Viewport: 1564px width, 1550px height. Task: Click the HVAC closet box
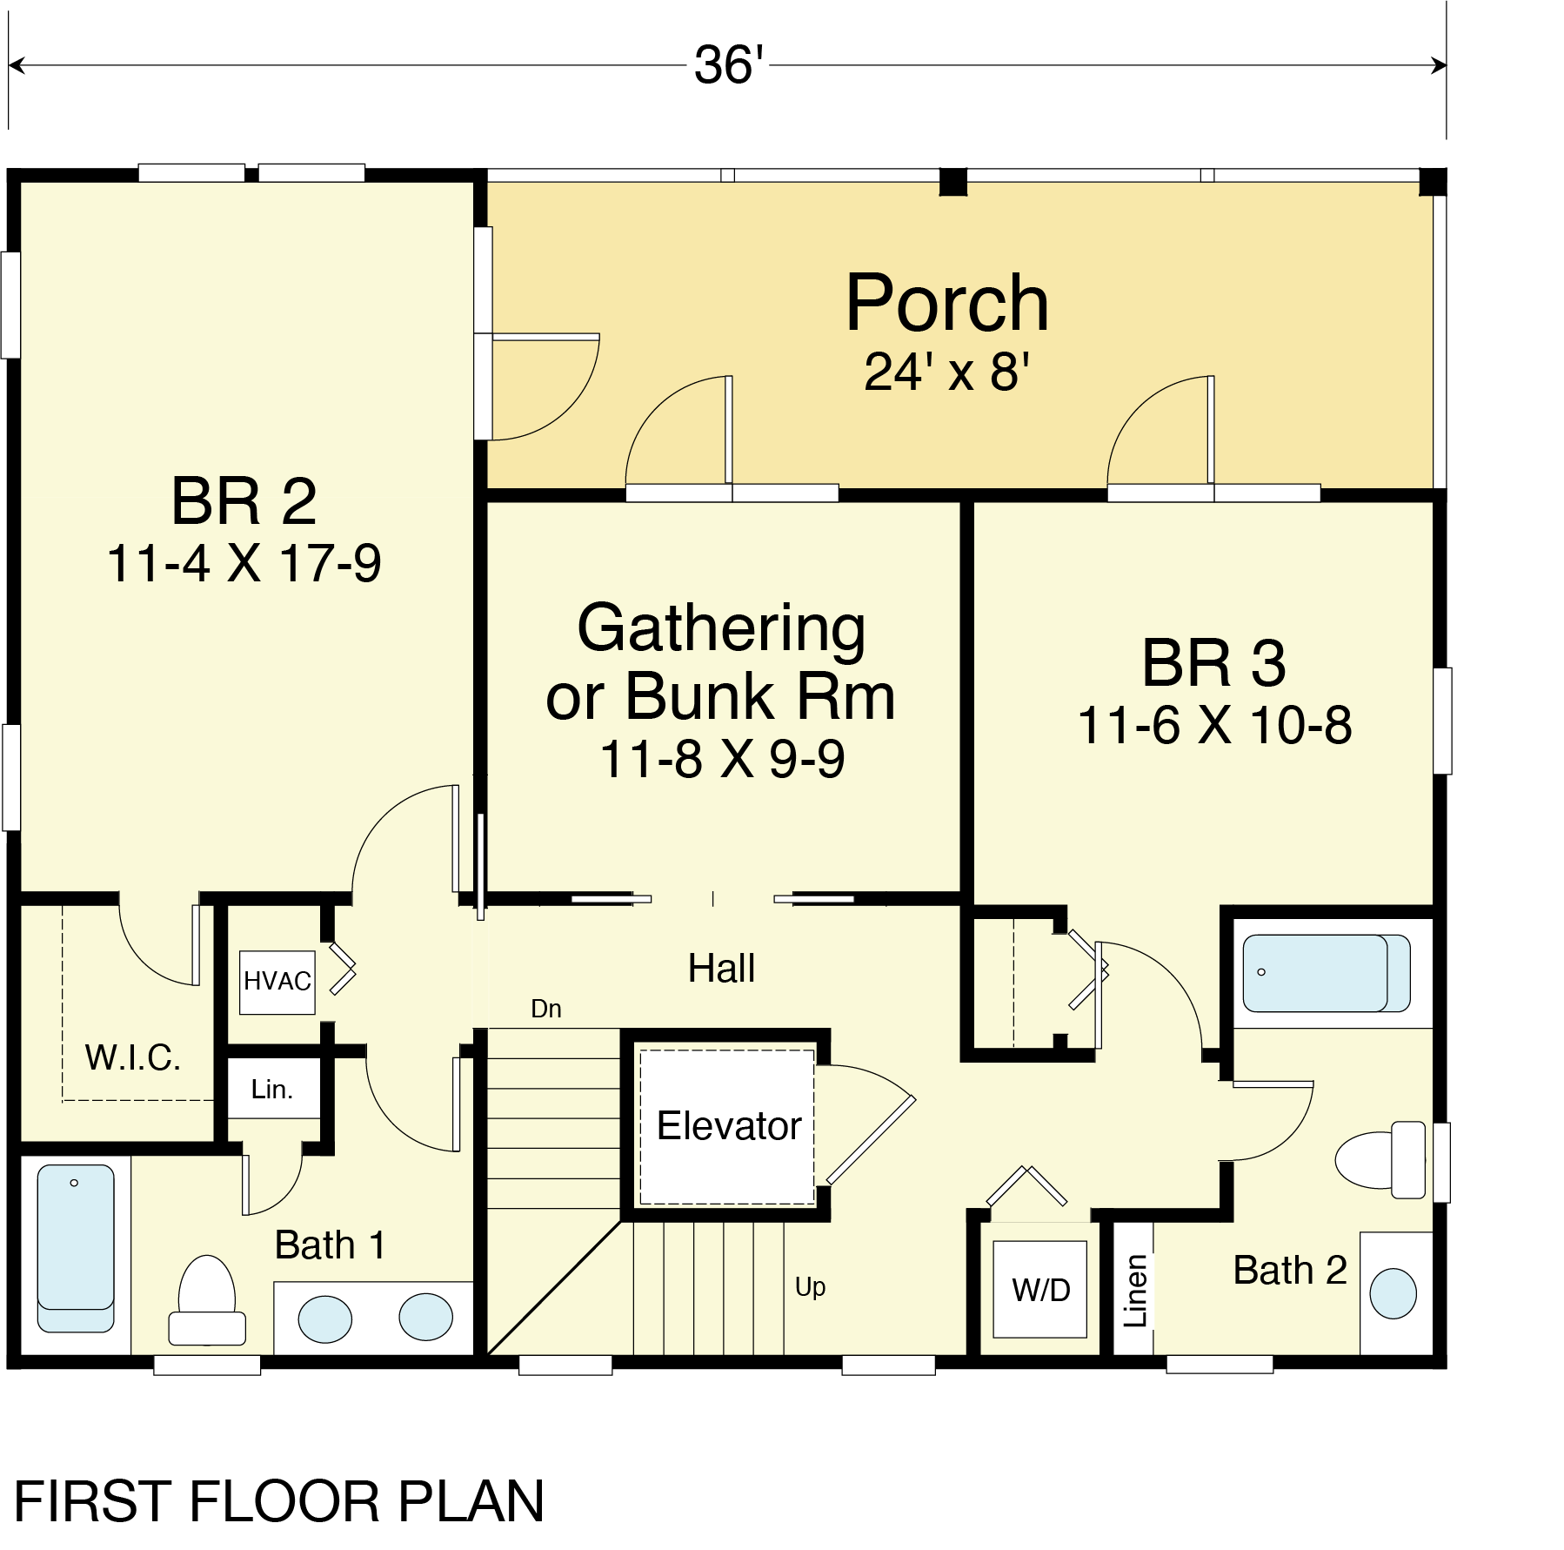coord(277,982)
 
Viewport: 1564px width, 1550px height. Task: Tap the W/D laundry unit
coord(1040,1289)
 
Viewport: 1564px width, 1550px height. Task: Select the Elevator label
coord(729,1126)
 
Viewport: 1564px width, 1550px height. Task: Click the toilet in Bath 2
coord(1380,1159)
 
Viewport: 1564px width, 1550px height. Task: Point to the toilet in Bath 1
coord(207,1299)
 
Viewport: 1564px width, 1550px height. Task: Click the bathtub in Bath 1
coord(76,1248)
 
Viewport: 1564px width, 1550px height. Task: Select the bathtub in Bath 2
coord(1327,973)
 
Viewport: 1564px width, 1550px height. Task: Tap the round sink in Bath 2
coord(1393,1293)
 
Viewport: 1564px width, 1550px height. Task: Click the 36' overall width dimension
coord(729,65)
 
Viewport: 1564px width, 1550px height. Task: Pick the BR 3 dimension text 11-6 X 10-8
coord(1214,725)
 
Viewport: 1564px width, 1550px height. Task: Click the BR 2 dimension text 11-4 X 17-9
coord(244,563)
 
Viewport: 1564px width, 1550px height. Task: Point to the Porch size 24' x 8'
coord(947,372)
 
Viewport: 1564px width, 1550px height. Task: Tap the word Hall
coord(721,968)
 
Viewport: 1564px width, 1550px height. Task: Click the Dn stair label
coord(546,1009)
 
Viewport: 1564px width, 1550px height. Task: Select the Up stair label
coord(810,1287)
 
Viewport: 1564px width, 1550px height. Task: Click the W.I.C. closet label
coord(132,1057)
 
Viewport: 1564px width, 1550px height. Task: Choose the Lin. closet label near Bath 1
coord(271,1089)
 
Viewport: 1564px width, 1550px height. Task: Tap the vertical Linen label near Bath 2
coord(1135,1291)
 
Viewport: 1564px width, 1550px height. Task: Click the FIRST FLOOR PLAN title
coord(279,1501)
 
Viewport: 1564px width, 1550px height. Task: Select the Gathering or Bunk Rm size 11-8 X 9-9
coord(722,759)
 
